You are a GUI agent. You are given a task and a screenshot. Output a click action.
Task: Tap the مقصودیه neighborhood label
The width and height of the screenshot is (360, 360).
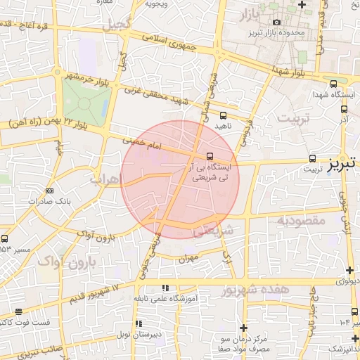[300, 221]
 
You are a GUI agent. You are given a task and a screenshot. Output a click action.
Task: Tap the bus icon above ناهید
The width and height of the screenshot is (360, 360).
[224, 115]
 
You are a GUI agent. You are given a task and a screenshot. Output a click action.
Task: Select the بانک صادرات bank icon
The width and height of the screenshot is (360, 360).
[49, 191]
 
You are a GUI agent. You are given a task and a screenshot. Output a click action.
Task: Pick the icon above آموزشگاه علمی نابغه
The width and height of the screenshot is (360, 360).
[165, 288]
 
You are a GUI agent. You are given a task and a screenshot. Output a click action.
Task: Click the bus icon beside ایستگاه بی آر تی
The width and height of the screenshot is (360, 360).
[210, 156]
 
